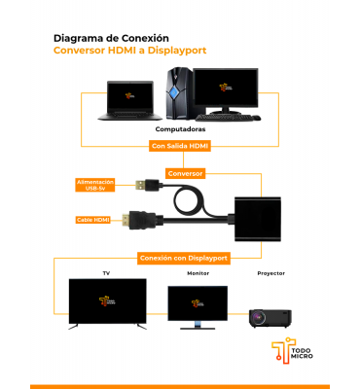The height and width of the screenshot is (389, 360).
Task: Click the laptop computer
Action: (129, 100)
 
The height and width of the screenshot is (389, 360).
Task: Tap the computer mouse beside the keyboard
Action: (256, 118)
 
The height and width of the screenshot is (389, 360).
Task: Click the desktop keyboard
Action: (223, 118)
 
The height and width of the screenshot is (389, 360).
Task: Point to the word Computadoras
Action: (180, 129)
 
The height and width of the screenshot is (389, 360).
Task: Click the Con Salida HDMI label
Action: (180, 146)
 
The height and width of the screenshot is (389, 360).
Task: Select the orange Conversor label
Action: (185, 173)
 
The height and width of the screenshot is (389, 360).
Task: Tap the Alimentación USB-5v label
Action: (95, 185)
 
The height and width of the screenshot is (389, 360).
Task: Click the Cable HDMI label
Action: (93, 220)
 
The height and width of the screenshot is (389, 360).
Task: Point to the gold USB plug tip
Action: (139, 185)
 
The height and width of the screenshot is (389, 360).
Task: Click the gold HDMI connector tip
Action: (126, 221)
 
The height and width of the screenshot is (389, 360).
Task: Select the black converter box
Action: (258, 219)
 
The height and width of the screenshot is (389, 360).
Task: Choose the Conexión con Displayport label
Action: (184, 259)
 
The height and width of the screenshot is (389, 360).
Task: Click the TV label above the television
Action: (106, 273)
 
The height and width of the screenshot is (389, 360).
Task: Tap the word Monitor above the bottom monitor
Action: (198, 273)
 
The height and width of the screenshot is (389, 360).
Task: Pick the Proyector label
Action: (271, 273)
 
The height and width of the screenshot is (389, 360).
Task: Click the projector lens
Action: (258, 317)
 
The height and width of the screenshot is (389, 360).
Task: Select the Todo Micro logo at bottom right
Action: (292, 350)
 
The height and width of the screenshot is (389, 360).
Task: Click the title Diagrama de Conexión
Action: (111, 38)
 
